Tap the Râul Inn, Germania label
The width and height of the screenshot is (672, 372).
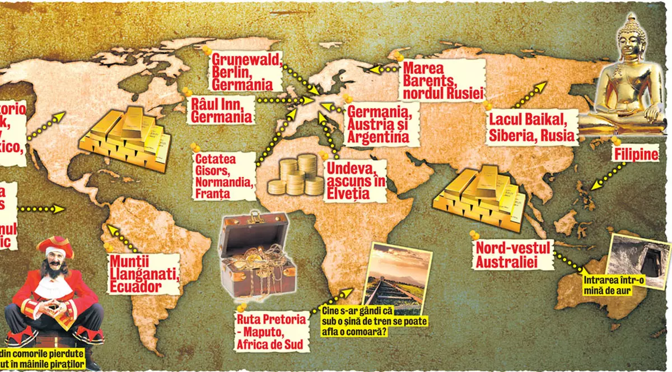(x=220, y=110)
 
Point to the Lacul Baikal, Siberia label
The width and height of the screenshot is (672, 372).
(x=531, y=127)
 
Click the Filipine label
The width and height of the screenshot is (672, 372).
(x=633, y=154)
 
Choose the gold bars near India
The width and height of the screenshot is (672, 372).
(x=480, y=196)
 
